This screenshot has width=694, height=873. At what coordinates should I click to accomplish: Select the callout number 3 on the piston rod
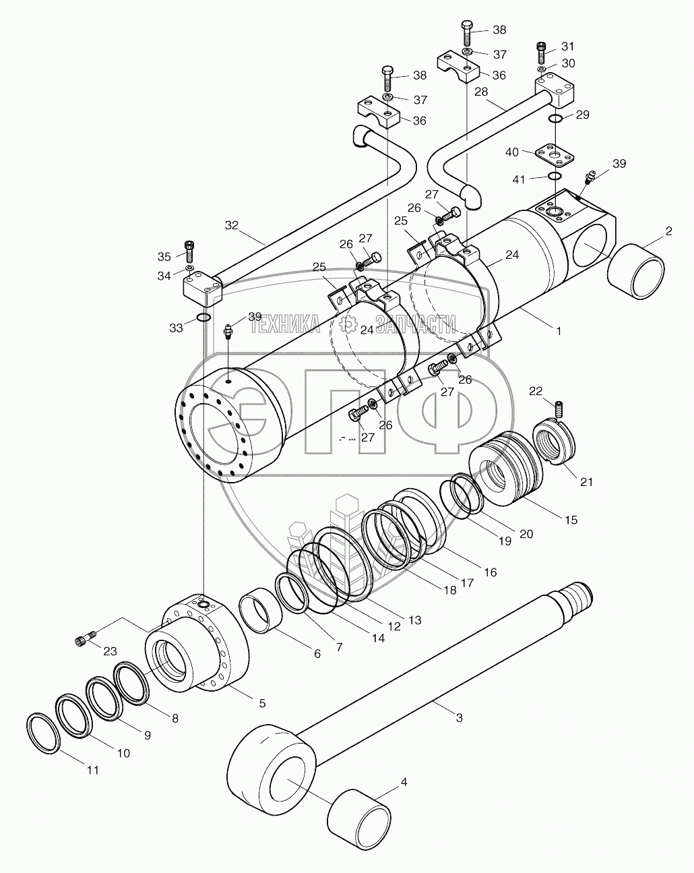459,718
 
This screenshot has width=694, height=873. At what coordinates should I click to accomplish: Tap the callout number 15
571,520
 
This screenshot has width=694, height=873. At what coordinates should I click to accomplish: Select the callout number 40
512,152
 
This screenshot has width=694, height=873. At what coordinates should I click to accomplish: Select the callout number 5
262,703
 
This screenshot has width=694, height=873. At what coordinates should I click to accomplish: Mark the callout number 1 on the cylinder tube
557,330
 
